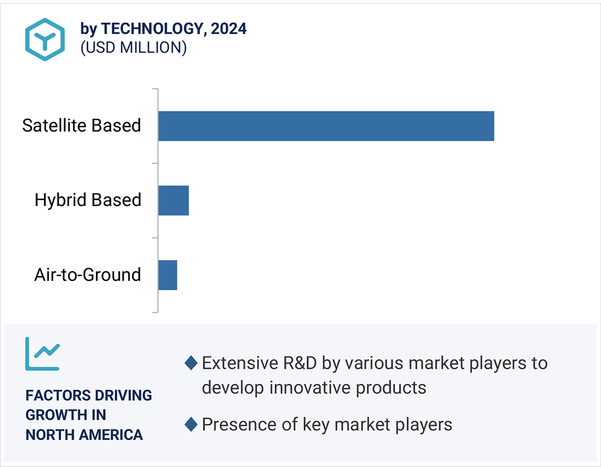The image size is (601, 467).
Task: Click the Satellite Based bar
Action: click(326, 126)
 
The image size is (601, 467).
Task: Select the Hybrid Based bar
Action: click(174, 200)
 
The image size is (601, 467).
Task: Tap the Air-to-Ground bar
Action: click(167, 275)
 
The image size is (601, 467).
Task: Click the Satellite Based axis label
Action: click(82, 125)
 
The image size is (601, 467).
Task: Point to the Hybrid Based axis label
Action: click(88, 200)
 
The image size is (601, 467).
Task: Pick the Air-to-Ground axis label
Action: click(88, 275)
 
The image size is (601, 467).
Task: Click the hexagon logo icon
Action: click(45, 40)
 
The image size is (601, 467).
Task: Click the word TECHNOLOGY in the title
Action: click(153, 29)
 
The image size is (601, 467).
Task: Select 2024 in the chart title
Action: click(229, 29)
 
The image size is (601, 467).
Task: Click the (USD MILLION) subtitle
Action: click(133, 48)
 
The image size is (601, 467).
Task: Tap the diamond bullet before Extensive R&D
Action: click(191, 363)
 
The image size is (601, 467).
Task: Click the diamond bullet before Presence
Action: click(191, 425)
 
